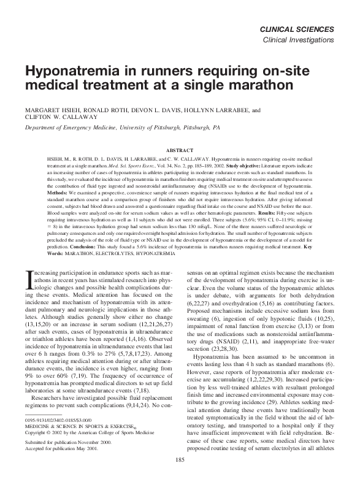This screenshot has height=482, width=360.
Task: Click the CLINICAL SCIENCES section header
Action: (x=297, y=29)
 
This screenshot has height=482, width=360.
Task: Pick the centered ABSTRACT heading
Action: (x=180, y=150)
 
